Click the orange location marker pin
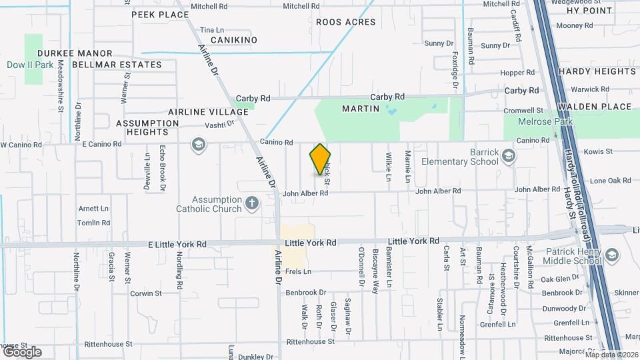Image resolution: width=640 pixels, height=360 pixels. (320, 159)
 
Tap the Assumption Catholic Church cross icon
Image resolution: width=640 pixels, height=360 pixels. (252, 203)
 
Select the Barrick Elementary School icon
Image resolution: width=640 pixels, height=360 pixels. (509, 157)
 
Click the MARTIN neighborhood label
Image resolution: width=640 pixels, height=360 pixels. (361, 107)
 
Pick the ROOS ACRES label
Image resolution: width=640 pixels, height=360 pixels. (345, 22)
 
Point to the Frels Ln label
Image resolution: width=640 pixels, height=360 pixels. (298, 271)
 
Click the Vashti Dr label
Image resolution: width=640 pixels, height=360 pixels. (221, 123)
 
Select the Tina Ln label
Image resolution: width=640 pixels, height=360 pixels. (211, 30)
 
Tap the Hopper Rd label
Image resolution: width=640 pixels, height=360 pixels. (517, 73)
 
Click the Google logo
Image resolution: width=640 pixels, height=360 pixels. (21, 351)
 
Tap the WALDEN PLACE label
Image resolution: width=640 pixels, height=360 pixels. (594, 107)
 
